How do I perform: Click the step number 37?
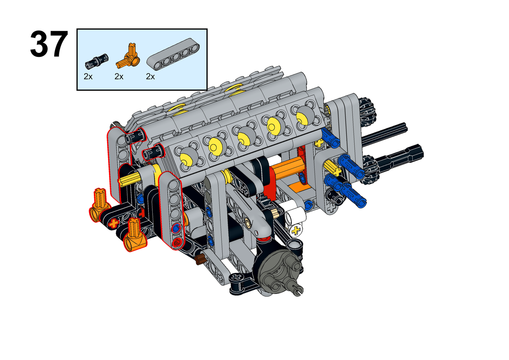pos(49,44)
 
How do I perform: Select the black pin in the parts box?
pos(97,61)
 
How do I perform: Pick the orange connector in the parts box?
pos(128,56)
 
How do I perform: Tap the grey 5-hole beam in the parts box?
pos(173,54)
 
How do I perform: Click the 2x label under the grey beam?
pos(150,77)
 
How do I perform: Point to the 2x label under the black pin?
pos(88,77)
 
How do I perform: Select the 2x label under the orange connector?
pos(119,77)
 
